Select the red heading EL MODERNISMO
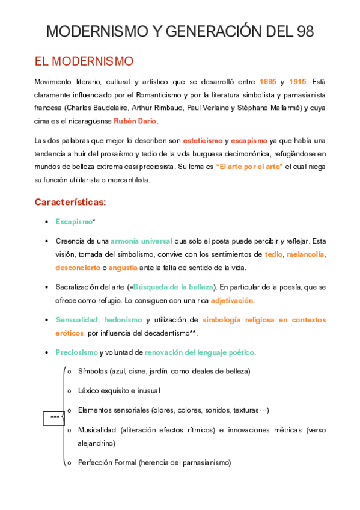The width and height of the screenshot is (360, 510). (x=84, y=62)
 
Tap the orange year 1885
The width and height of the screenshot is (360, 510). (x=268, y=81)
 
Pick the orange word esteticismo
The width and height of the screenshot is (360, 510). (x=202, y=140)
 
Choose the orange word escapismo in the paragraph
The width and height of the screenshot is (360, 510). (x=249, y=140)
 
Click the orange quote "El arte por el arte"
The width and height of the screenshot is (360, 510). (x=249, y=166)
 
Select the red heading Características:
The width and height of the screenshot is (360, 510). (x=70, y=202)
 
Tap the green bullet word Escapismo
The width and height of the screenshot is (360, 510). (x=74, y=221)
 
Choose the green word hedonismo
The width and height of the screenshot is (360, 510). (x=123, y=319)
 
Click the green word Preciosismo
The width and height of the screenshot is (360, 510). (x=76, y=352)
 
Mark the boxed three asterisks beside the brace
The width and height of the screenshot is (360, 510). (x=55, y=417)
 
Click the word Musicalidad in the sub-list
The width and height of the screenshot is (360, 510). (x=97, y=430)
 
